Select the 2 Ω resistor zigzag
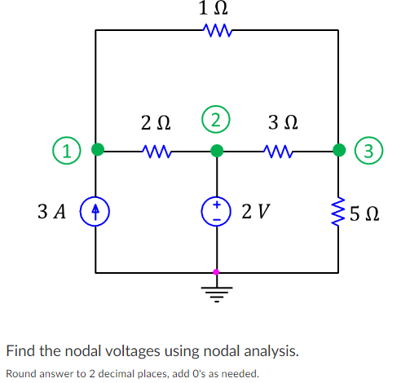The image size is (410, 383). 156,150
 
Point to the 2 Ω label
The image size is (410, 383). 156,124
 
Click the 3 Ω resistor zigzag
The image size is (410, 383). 278,150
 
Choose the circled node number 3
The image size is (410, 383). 371,150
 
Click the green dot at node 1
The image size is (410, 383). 97,150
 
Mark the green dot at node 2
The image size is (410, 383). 216,150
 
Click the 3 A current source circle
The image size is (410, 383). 97,212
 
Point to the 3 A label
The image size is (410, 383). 54,213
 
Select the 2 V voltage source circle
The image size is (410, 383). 216,212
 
